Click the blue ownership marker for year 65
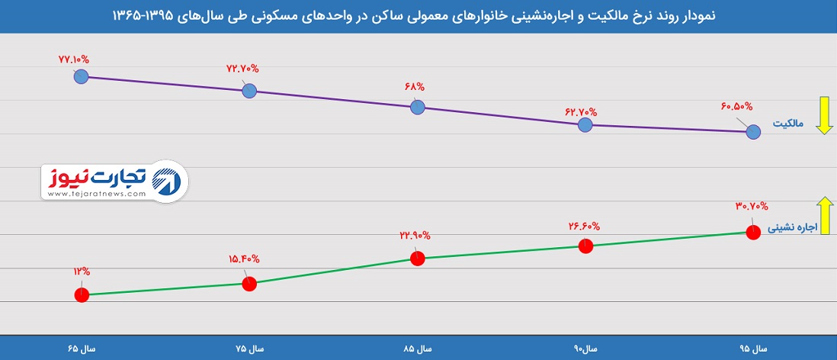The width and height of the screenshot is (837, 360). point(82,76)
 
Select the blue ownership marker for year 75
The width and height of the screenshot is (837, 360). point(249,91)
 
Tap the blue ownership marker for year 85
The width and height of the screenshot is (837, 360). point(417,107)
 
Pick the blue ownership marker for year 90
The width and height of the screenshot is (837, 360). point(585,124)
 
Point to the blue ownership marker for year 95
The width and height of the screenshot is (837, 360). point(753,132)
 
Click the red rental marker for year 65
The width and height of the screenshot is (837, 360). point(82,294)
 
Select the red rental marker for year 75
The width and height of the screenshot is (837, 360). point(249,284)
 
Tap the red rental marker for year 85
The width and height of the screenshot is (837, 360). point(417,259)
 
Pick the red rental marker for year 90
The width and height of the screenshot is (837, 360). point(585,246)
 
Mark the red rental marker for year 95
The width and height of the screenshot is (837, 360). point(753,232)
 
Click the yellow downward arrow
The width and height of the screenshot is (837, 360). point(823,116)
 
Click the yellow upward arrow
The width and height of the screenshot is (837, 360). point(823,214)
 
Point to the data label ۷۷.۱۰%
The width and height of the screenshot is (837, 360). point(73,57)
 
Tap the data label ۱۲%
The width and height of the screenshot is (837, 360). point(82,271)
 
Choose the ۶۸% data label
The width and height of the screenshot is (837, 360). point(415,86)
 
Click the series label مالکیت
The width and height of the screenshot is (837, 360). point(790,124)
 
